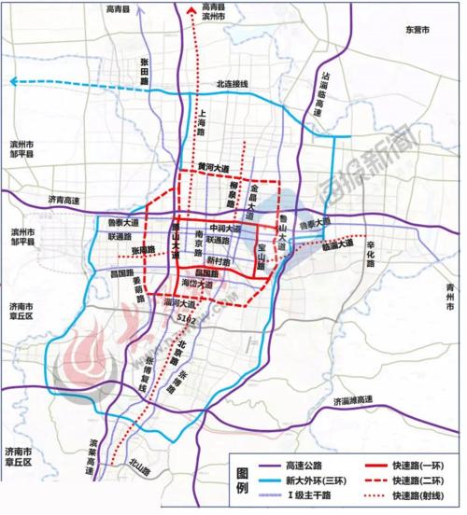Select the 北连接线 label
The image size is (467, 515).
click(233, 84)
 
